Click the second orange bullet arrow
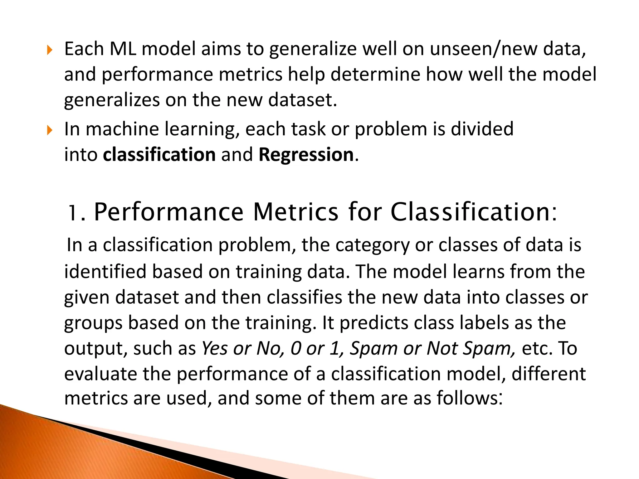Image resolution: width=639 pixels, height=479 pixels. [x=50, y=130]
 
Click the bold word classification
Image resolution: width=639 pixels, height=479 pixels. [x=159, y=155]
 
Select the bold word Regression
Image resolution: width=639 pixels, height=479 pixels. [x=306, y=155]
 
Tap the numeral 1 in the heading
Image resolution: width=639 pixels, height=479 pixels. [x=74, y=213]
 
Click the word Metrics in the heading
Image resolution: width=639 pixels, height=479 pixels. [x=295, y=212]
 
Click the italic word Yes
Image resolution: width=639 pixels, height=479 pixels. [x=215, y=348]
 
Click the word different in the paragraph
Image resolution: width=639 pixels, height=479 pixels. [x=549, y=374]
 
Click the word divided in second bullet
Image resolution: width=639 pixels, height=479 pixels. [x=482, y=129]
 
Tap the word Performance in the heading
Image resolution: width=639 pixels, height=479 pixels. [x=168, y=213]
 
